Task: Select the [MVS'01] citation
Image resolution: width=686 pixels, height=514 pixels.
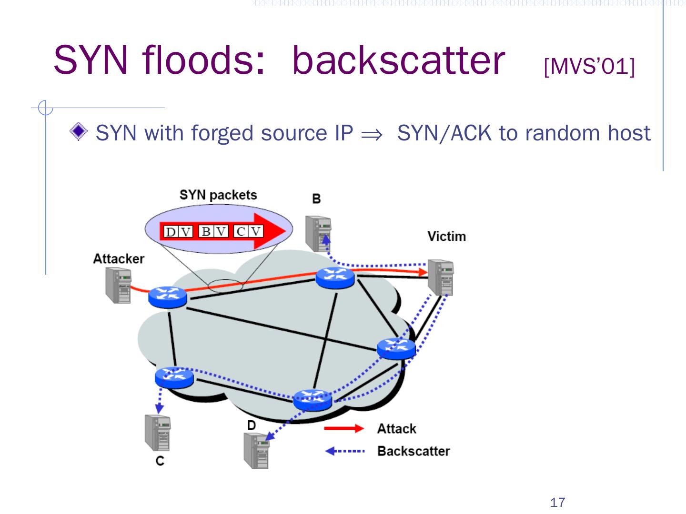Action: pos(589,67)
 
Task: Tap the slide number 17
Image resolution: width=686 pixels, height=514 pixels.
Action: pos(557,503)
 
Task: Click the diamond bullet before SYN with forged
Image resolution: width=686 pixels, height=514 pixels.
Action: pos(79,131)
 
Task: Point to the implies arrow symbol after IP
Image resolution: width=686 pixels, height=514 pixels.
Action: pos(372,135)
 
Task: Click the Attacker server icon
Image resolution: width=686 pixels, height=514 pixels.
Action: pos(119,285)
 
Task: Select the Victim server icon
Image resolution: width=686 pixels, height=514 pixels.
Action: pos(441,277)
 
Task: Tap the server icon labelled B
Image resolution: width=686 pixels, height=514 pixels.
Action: pos(318,233)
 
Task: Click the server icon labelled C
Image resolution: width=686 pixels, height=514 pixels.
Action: pos(158,433)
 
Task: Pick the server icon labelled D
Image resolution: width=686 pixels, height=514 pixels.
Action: pos(256,451)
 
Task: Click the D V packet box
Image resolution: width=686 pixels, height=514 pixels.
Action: pos(179,232)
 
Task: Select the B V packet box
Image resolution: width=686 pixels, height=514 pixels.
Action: pos(213,232)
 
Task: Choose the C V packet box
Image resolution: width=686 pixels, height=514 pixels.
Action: pos(249,232)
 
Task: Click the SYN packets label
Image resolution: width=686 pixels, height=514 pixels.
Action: pos(218,195)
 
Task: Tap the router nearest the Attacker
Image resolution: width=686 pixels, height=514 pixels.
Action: pos(168,297)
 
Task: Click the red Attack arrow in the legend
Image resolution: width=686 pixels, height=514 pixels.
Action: pos(344,428)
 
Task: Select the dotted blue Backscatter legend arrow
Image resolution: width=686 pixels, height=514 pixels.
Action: pos(345,451)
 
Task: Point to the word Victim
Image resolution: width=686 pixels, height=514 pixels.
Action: pos(446,236)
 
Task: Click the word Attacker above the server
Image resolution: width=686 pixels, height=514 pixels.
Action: pos(119,259)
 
